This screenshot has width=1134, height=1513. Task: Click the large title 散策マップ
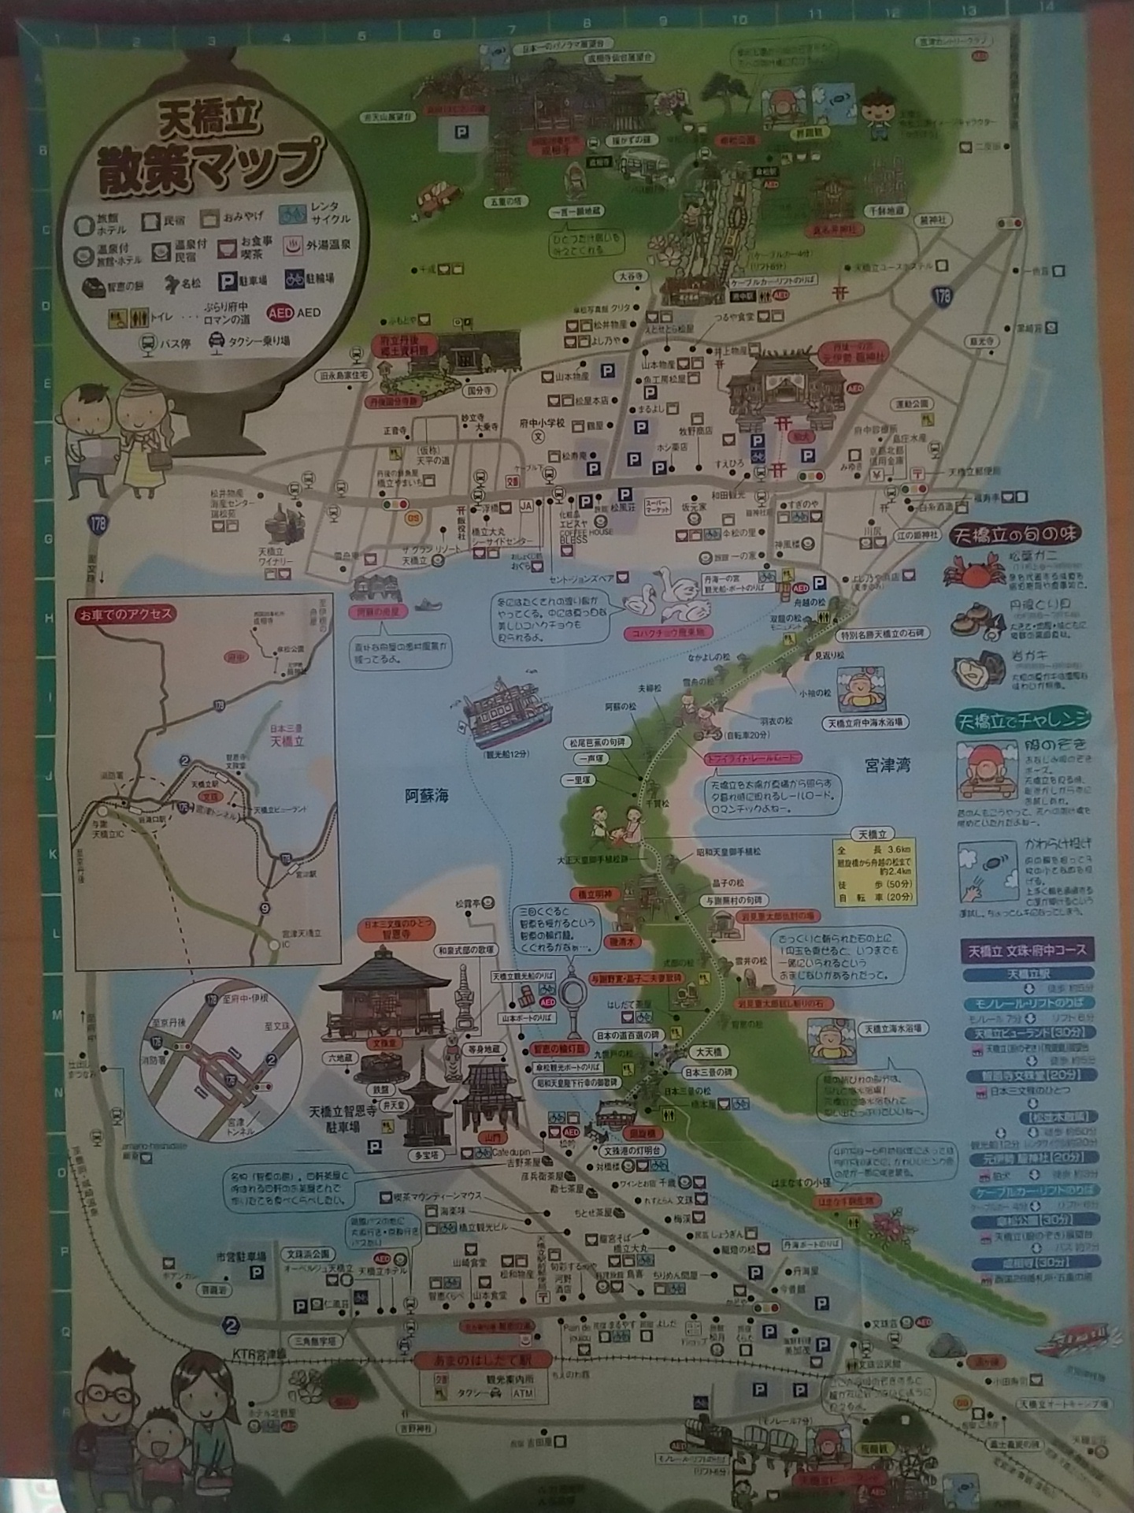coord(209,164)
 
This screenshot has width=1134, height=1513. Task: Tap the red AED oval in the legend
coord(280,312)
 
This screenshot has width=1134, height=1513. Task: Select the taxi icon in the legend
coord(216,342)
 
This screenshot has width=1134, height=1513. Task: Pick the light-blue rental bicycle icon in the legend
coord(293,213)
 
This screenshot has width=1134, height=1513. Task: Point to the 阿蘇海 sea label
coord(427,796)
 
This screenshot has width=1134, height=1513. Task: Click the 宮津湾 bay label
coord(888,765)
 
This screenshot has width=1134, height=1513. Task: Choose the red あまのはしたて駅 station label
coord(472,1361)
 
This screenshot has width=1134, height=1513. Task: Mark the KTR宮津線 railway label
coord(259,1353)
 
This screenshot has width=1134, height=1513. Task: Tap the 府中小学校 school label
coord(542,423)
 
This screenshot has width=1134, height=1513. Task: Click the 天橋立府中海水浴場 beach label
coord(865,723)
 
